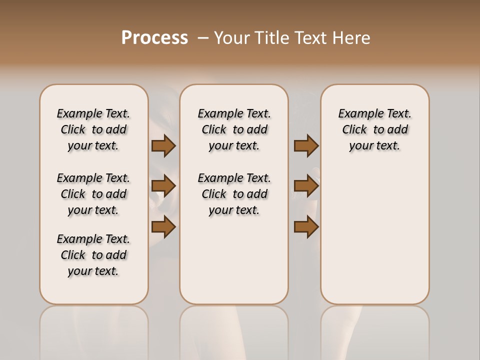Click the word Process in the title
(154, 37)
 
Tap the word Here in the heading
(352, 38)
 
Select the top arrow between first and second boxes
(163, 145)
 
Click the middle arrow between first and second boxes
(163, 186)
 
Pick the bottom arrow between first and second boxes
(163, 227)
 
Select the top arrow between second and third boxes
(306, 145)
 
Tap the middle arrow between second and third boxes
(306, 186)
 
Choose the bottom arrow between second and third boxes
(306, 227)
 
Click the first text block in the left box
(93, 129)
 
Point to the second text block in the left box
(93, 194)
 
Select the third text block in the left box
(93, 255)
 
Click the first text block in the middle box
(234, 129)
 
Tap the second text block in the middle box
(234, 194)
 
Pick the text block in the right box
(374, 129)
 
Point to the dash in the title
(203, 38)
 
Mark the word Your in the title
(232, 38)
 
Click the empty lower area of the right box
(374, 235)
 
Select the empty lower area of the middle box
(234, 265)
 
